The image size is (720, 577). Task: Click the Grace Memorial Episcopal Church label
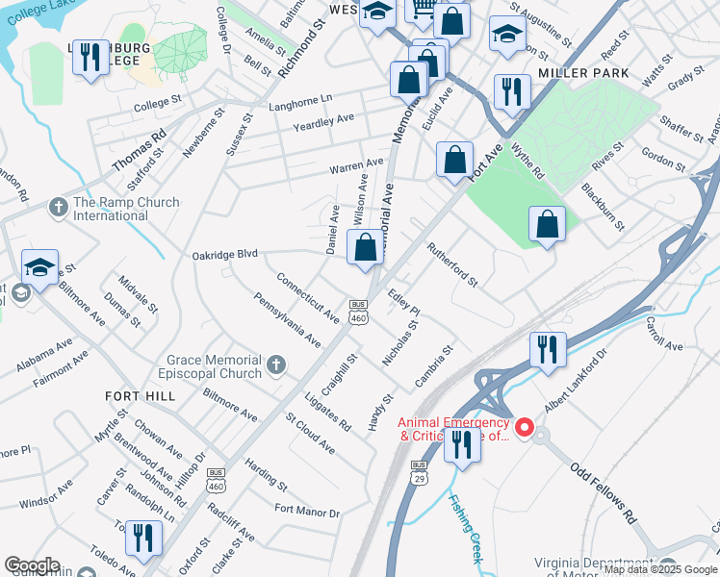214,365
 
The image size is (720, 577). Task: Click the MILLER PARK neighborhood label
583,73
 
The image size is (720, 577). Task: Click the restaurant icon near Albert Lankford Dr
548,350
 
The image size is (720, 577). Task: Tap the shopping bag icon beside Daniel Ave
365,248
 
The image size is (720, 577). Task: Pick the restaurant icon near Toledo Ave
143,539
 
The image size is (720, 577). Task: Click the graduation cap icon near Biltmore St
40,267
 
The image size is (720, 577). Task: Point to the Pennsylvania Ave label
288,320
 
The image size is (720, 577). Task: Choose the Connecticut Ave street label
307,297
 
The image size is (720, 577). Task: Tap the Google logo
32,565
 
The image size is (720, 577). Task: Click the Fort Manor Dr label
307,512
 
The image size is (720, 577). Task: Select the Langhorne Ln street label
300,99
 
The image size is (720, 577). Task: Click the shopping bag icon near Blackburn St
547,225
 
